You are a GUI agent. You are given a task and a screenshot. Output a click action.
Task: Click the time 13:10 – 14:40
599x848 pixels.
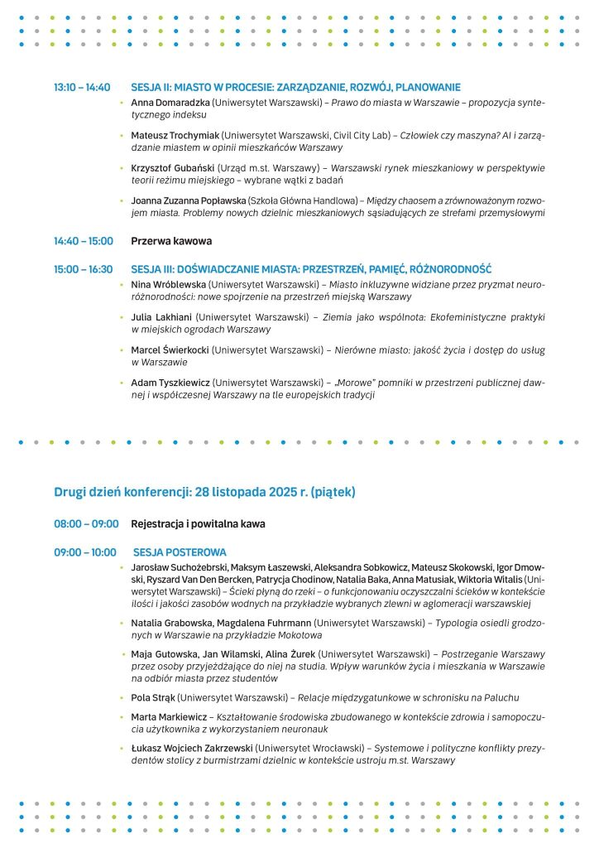tap(82, 87)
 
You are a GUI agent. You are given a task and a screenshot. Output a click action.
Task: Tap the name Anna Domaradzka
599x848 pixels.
tap(170, 102)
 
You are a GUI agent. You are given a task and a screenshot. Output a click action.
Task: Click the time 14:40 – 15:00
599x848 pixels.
tap(83, 241)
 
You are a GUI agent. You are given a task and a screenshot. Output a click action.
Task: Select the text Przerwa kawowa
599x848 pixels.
tap(171, 241)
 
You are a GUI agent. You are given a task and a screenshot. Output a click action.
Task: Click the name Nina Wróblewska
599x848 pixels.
tap(168, 285)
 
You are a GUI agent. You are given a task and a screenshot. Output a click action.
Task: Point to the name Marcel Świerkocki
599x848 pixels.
tap(170, 350)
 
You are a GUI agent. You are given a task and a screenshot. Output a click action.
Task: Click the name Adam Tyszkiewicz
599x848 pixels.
tap(170, 383)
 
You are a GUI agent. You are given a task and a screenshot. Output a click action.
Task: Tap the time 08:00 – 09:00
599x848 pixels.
tap(86, 524)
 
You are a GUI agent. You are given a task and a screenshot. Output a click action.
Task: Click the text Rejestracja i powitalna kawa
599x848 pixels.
tap(198, 524)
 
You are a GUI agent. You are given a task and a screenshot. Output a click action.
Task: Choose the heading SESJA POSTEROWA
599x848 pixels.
tap(180, 552)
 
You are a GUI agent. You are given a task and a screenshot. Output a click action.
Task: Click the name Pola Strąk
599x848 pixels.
tap(152, 697)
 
